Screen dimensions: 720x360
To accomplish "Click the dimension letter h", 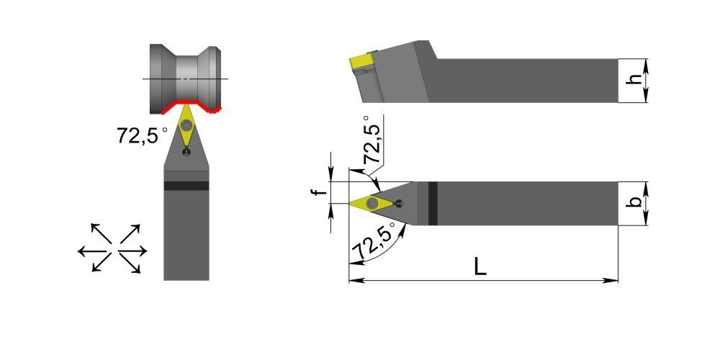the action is [634, 80].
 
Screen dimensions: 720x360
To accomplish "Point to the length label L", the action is [480, 267].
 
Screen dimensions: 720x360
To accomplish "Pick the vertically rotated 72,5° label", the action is [372, 140].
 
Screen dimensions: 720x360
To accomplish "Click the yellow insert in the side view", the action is [362, 63].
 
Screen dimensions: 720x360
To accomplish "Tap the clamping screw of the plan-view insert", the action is [372, 202].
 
